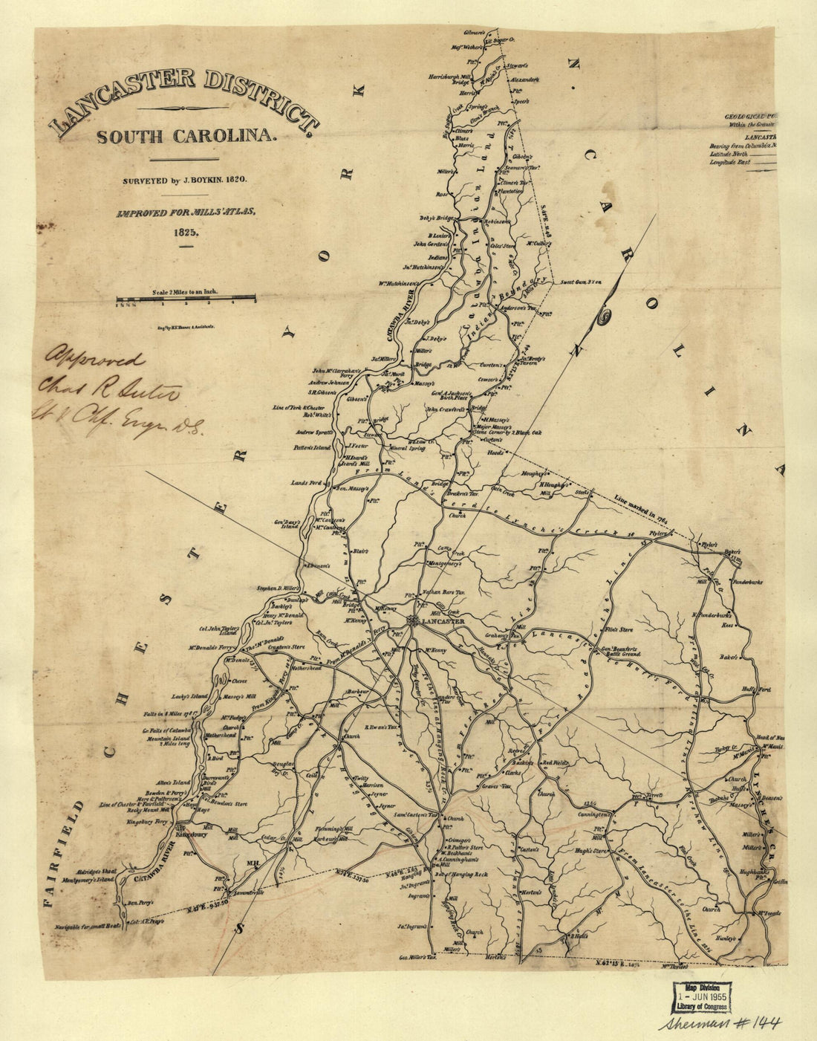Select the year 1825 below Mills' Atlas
185,231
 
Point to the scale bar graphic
186,301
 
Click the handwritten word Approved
95,362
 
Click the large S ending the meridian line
239,927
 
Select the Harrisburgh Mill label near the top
451,77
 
